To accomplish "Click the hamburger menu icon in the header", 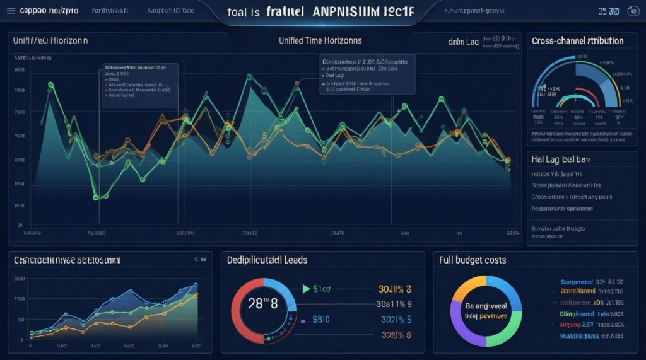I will (9, 11).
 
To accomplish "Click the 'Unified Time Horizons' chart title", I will (320, 40).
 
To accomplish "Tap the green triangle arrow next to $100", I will (307, 289).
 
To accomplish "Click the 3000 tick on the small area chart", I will (19, 278).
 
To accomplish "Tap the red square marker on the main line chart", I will (296, 82).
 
